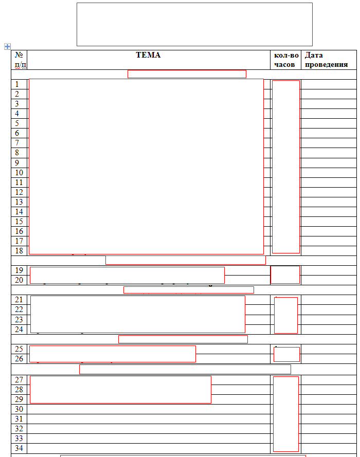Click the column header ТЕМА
tap(148, 55)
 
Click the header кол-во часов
tap(286, 60)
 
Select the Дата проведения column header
tap(326, 60)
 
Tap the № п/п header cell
tap(20, 60)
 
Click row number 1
tap(17, 84)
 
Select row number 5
tap(17, 123)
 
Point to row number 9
tap(17, 162)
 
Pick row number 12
tap(19, 192)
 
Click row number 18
tap(19, 251)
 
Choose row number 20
tap(19, 280)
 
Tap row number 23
tap(19, 319)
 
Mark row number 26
tap(19, 358)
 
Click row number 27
tap(19, 380)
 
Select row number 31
tap(19, 419)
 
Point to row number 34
tap(19, 448)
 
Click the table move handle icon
tap(7, 46)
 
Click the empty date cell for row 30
tap(328, 409)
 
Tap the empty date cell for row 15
tap(328, 222)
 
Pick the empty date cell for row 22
tap(328, 309)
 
